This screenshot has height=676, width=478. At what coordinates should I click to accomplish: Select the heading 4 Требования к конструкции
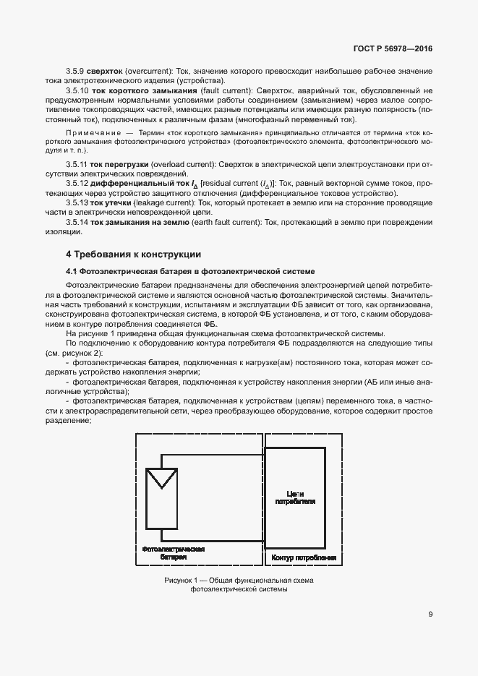coord(134,254)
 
